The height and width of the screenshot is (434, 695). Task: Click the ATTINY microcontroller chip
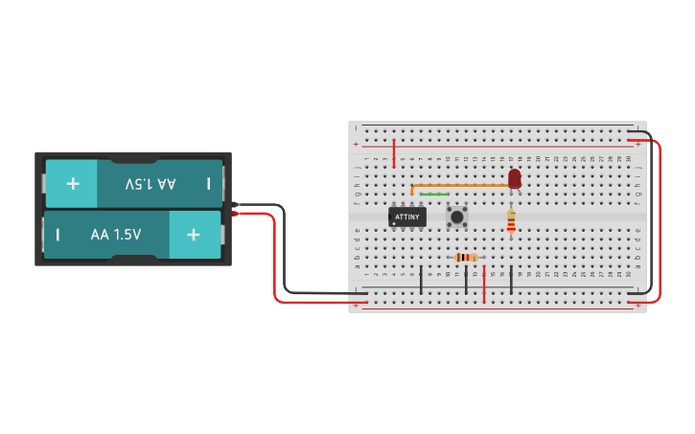click(406, 217)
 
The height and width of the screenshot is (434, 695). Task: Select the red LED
click(515, 178)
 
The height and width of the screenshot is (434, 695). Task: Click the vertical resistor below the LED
click(511, 223)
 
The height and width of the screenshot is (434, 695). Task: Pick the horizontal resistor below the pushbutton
click(466, 257)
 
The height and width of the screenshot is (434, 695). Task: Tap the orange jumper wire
click(460, 185)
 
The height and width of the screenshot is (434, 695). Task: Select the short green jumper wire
click(434, 194)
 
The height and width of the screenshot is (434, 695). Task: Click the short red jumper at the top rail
click(393, 151)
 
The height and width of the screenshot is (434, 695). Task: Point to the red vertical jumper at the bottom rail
click(484, 286)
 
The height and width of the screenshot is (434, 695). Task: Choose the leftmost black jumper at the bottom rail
click(421, 279)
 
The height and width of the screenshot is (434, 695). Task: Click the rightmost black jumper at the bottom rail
click(511, 280)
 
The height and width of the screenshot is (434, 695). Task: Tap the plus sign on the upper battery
click(73, 183)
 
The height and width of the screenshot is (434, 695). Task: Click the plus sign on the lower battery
click(194, 235)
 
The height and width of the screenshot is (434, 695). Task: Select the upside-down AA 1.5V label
click(151, 183)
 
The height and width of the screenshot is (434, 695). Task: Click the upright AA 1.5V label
click(116, 235)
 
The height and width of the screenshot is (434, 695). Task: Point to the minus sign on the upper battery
click(208, 183)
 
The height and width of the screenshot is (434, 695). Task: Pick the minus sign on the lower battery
click(58, 235)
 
